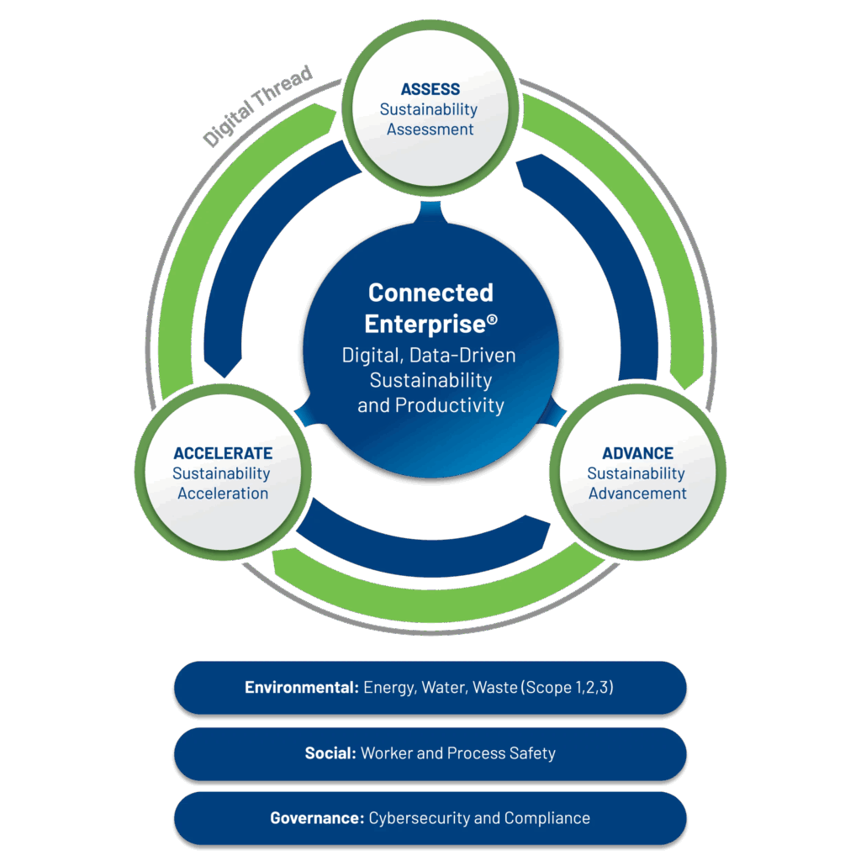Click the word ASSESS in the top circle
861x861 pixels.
430,89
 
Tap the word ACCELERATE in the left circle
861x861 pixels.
223,454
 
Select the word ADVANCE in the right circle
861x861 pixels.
637,454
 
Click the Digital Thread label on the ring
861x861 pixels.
257,106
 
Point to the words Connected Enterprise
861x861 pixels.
430,308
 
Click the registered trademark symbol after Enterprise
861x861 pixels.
492,319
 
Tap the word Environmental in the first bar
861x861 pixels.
302,688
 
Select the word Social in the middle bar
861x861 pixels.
330,753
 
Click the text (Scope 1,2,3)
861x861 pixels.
568,688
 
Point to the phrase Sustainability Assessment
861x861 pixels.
430,119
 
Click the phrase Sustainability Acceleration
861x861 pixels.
222,483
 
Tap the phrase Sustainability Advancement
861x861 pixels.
637,483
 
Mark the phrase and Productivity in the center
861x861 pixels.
430,405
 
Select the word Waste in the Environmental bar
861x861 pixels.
494,688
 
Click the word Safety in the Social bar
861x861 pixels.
532,753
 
